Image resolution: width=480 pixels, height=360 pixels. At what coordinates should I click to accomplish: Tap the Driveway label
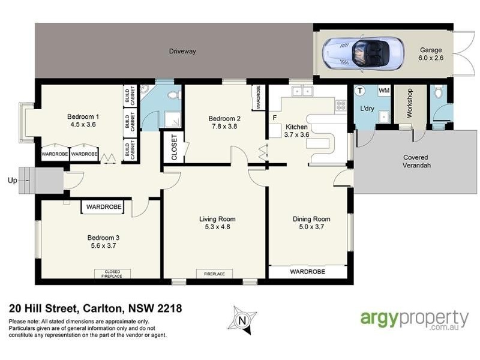182,52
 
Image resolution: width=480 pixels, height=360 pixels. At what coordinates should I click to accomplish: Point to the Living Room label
217,219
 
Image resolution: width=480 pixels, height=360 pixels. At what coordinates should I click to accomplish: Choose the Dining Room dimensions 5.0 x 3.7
311,227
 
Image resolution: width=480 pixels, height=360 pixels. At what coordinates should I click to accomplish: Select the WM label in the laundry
385,91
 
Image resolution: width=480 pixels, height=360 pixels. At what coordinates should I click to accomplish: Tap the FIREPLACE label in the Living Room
214,274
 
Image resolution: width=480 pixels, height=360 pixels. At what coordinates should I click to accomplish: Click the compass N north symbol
244,320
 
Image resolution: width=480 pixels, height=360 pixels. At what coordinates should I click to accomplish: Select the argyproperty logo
414,320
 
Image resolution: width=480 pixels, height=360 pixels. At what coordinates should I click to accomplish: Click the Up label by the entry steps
11,179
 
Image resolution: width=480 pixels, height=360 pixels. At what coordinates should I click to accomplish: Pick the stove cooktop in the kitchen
341,106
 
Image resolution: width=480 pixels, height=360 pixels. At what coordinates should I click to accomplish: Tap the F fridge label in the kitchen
274,118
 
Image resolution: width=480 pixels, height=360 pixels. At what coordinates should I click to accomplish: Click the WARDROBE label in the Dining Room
307,272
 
